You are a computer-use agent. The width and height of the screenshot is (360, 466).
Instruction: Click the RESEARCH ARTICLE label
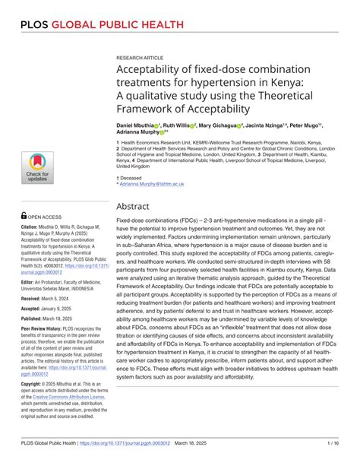pyautogui.click(x=141, y=57)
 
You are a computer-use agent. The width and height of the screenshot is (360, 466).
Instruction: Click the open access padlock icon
pyautogui.click(x=24, y=215)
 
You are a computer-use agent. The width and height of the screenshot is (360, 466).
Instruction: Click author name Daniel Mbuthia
pyautogui.click(x=136, y=124)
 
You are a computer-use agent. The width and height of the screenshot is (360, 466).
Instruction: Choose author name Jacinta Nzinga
pyautogui.click(x=271, y=124)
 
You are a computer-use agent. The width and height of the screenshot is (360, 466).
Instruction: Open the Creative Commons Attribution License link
pyautogui.click(x=66, y=397)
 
